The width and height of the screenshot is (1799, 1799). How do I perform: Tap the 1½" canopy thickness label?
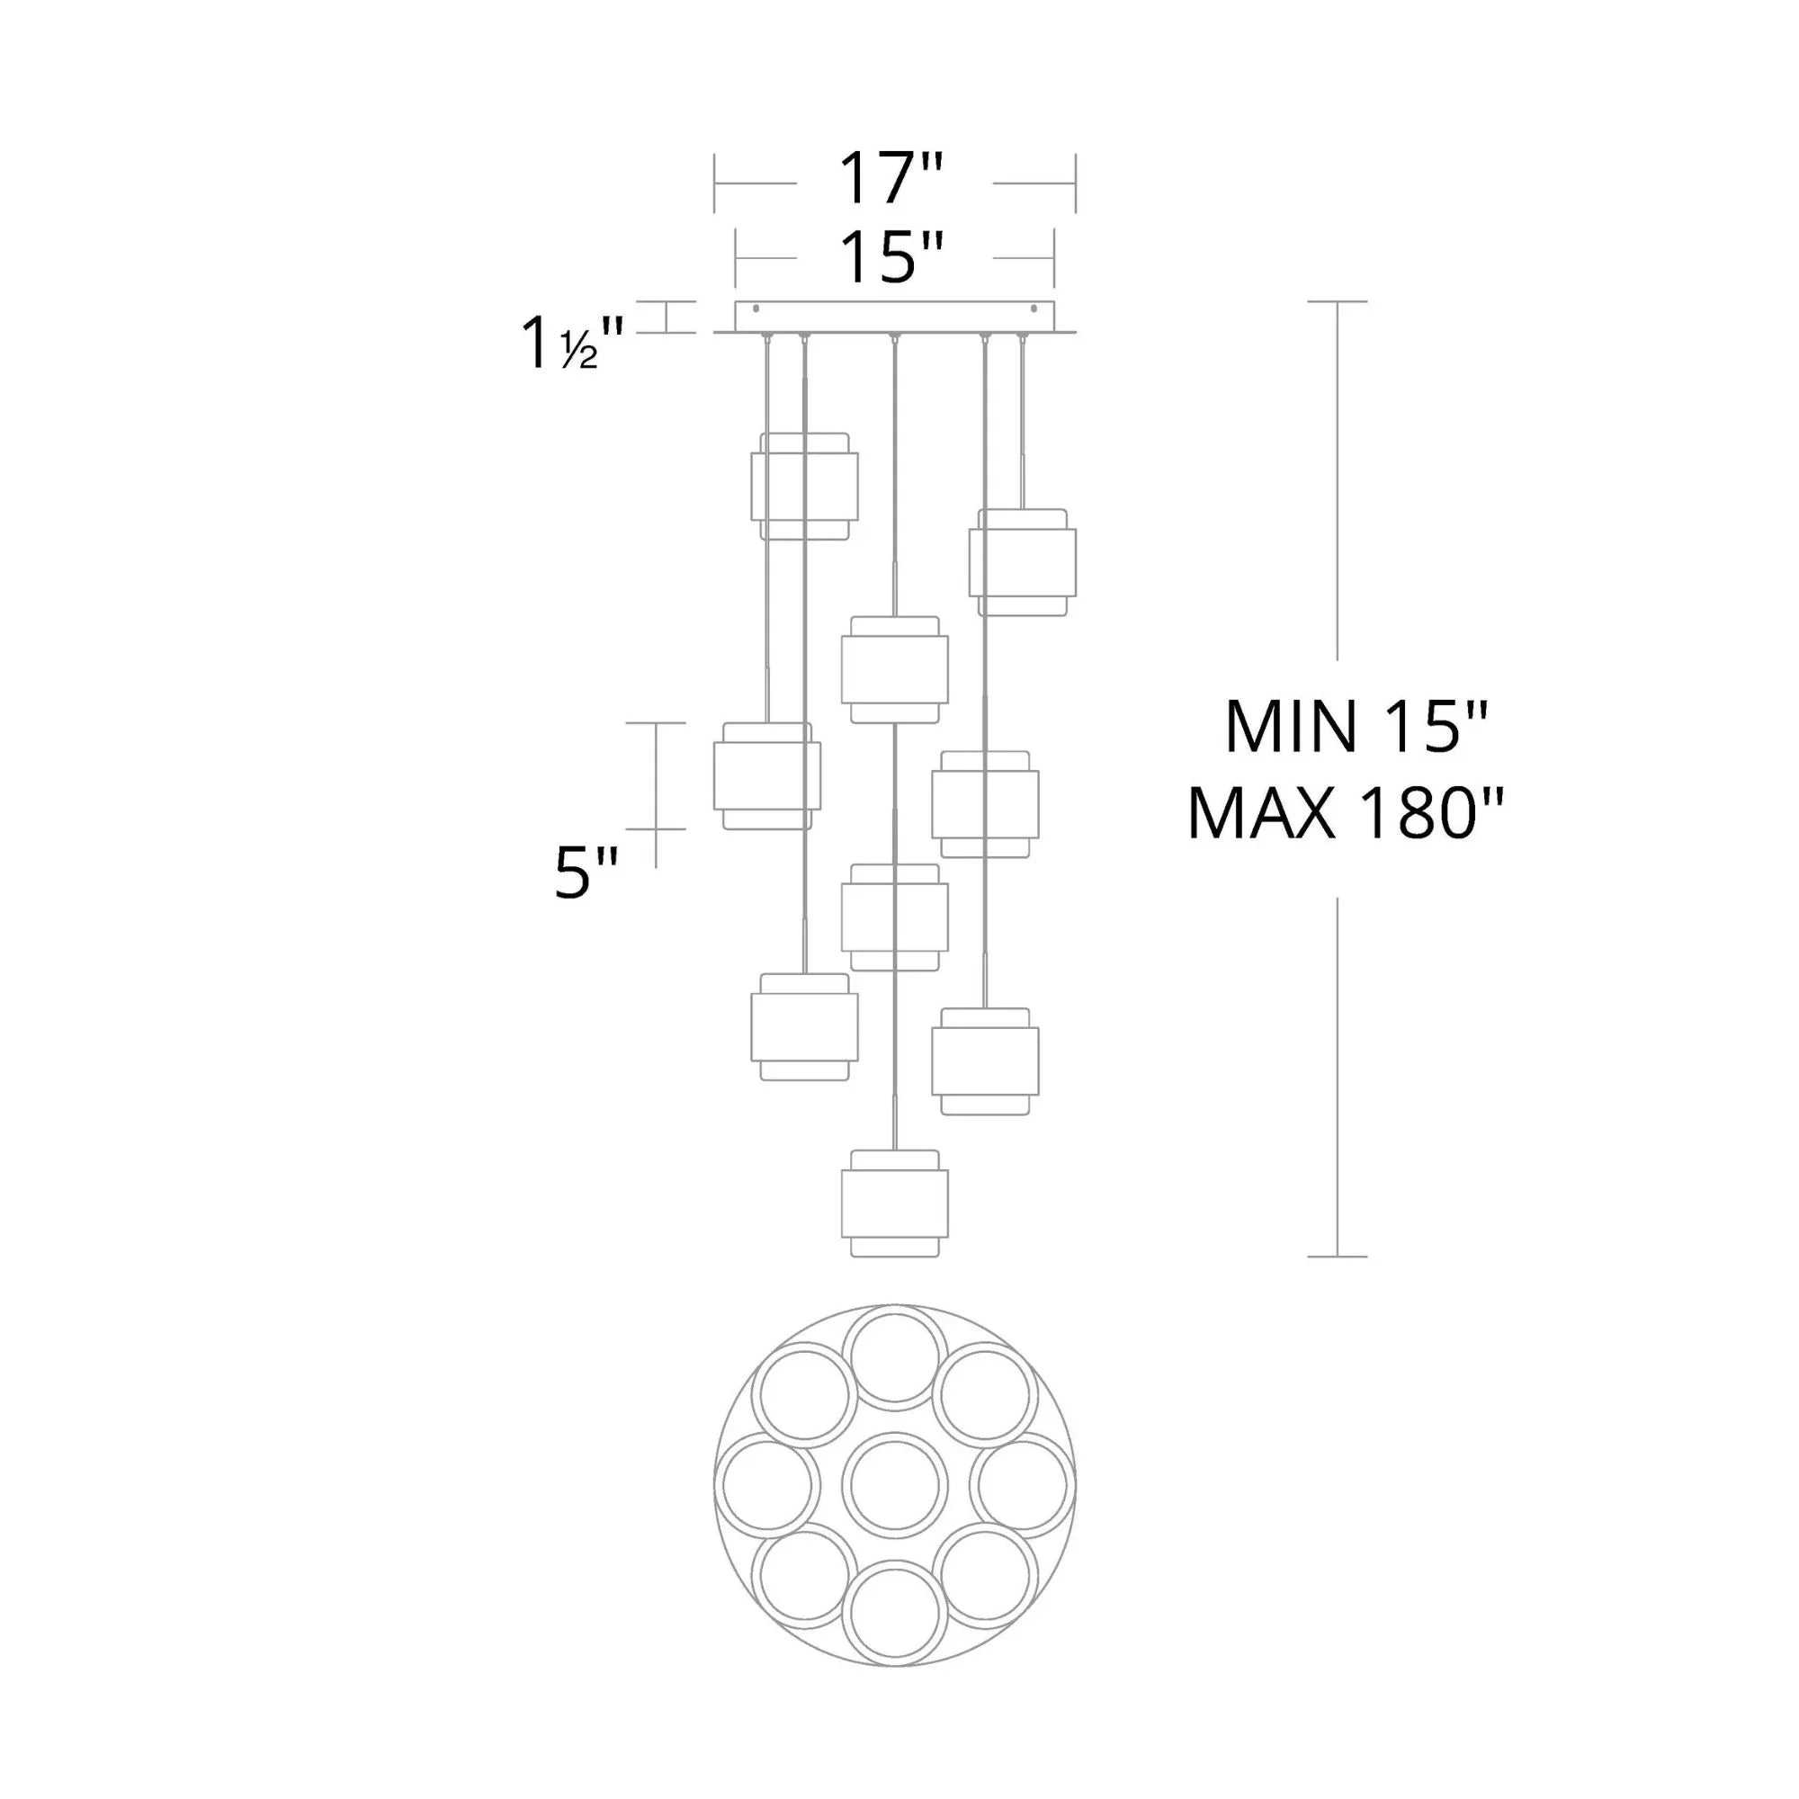(x=571, y=345)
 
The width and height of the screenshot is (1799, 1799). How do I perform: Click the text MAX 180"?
(x=1345, y=814)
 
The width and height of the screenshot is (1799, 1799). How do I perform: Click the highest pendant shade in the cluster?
(x=804, y=486)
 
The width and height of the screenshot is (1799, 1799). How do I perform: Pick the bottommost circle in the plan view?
(x=895, y=1614)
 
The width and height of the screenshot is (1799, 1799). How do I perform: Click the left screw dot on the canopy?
(x=756, y=309)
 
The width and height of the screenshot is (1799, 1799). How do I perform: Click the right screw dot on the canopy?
(x=1034, y=309)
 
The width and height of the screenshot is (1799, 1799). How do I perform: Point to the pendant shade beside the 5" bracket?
(x=767, y=775)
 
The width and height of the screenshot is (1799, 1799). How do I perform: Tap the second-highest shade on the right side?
(x=985, y=803)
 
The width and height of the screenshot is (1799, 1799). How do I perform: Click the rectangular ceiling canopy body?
(x=895, y=317)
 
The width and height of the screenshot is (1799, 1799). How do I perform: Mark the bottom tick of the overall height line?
(x=1338, y=1256)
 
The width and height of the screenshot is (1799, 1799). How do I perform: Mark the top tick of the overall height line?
(x=1338, y=301)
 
